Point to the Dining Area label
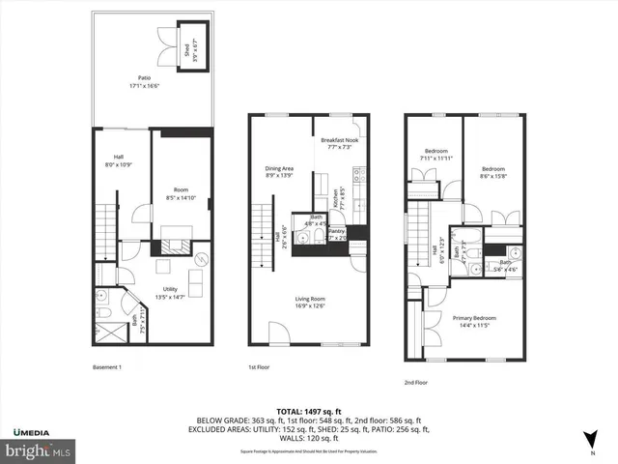279,172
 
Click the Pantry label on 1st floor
337,234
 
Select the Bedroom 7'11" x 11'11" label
436,155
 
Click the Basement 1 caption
106,367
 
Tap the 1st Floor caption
256,367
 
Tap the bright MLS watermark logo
39,450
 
